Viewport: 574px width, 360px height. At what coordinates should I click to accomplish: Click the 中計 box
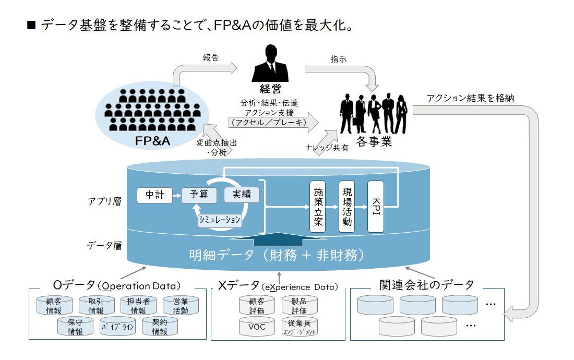point(154,195)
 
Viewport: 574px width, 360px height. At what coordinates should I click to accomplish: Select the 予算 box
point(199,195)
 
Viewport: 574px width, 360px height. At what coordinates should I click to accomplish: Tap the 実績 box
point(242,195)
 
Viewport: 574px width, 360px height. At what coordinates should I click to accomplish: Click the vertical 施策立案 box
point(317,207)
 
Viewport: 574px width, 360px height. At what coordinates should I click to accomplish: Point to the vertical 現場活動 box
point(346,207)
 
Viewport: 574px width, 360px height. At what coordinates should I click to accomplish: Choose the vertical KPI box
point(376,207)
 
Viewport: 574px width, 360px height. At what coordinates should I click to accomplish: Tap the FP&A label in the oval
point(152,141)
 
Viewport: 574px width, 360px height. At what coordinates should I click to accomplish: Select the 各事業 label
point(374,141)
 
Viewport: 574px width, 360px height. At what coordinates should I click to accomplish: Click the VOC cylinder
point(257,326)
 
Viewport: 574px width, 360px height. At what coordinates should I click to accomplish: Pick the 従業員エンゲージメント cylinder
point(300,326)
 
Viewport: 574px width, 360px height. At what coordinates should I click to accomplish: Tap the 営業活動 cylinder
point(181,306)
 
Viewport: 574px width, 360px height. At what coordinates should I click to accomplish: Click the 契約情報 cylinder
point(160,327)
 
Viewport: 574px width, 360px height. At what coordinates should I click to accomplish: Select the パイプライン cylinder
point(117,327)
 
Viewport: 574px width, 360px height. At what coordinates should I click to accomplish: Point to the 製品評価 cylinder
point(300,306)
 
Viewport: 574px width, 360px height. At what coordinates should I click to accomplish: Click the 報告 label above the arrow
point(210,57)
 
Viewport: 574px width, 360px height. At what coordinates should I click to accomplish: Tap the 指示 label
point(338,59)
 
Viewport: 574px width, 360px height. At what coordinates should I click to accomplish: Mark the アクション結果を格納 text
point(470,98)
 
